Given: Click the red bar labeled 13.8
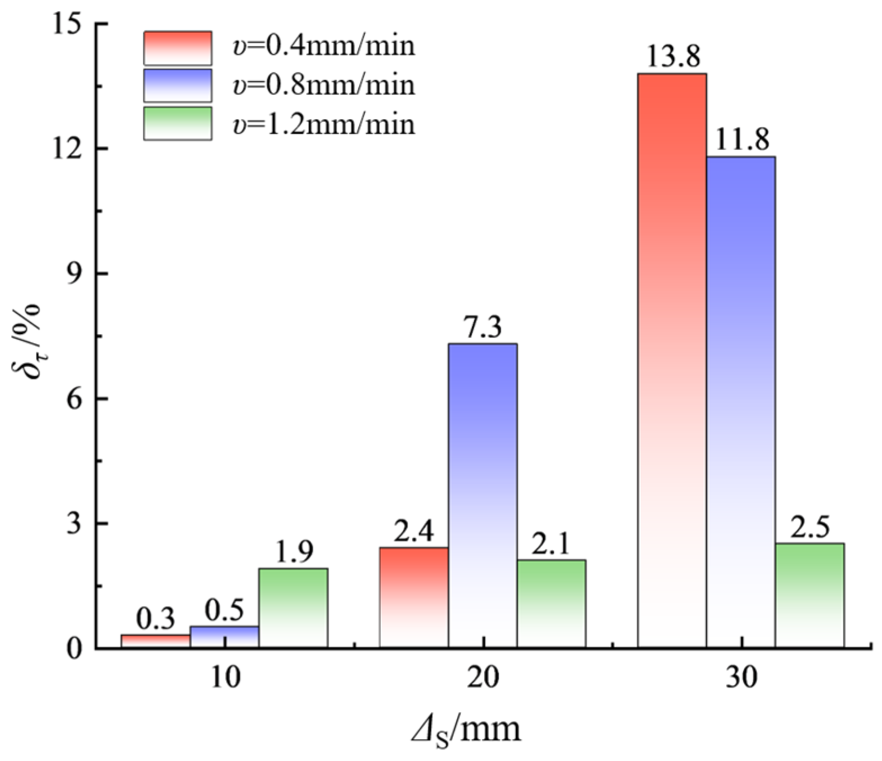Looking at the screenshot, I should tap(672, 360).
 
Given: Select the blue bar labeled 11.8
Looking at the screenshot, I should tap(740, 402).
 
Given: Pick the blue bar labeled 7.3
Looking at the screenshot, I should tap(483, 495).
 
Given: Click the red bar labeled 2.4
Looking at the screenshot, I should tap(414, 597).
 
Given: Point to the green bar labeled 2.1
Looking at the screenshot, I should tap(551, 603).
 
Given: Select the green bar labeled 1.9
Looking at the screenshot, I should tap(293, 607).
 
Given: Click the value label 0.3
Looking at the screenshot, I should tap(156, 619).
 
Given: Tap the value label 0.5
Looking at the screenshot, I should tap(224, 611).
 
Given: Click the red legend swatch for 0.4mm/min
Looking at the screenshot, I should tap(178, 48).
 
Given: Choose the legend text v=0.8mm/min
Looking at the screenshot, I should tap(324, 85).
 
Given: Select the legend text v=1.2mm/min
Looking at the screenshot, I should tap(324, 124).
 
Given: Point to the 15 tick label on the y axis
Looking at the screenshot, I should tap(66, 25).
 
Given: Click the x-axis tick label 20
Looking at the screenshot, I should tap(483, 678).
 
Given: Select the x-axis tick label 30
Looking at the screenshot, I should tap(741, 678).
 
